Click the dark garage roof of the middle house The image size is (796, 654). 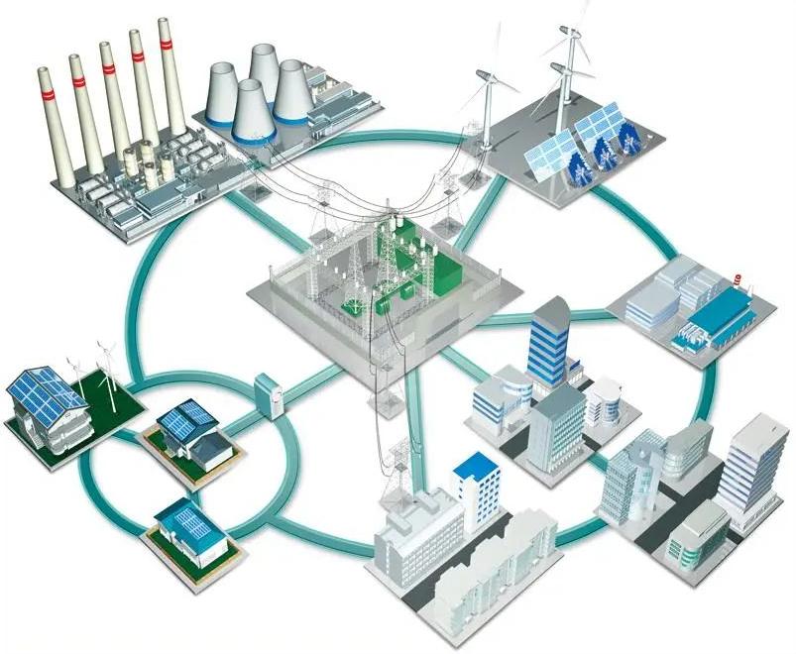pos(210,451)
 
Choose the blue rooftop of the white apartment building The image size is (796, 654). pos(474,465)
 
